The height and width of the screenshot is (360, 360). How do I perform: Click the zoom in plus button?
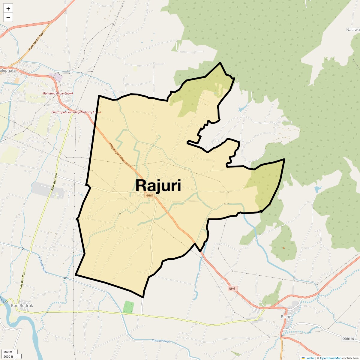(8, 9)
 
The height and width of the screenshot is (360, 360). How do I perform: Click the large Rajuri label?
(158, 185)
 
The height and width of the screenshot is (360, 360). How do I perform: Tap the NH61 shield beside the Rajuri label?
(149, 196)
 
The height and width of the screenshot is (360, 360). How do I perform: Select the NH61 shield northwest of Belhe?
(232, 289)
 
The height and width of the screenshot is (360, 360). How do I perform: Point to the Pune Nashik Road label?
(36, 40)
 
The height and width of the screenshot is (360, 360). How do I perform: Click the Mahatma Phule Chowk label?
(58, 94)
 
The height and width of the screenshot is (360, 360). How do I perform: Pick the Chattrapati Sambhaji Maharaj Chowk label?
(76, 112)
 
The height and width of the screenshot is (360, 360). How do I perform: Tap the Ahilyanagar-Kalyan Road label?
(120, 155)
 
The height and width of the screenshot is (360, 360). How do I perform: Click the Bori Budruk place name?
(22, 305)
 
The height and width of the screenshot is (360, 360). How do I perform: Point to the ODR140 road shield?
(348, 339)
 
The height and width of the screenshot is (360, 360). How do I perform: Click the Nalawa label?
(353, 30)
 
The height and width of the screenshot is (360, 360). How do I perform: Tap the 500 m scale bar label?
(8, 352)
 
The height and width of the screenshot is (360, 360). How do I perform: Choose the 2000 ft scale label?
(8, 356)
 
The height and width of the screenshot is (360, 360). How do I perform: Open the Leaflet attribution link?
(310, 358)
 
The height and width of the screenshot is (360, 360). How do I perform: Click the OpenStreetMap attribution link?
(331, 358)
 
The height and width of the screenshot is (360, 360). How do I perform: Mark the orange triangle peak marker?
(283, 247)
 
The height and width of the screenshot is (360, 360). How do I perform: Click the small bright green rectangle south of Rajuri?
(128, 307)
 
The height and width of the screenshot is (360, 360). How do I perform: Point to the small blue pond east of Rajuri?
(317, 189)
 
